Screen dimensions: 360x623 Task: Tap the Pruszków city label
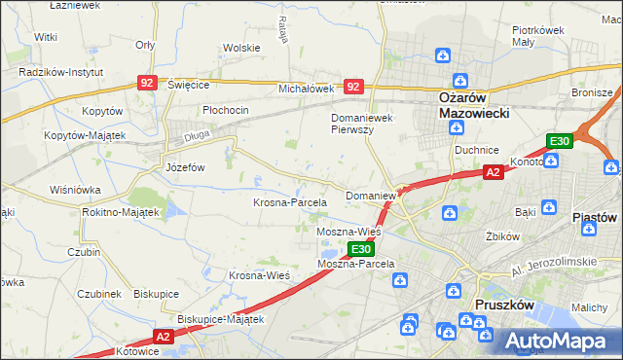coord(502,305)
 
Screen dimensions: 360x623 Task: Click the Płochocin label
coord(226,110)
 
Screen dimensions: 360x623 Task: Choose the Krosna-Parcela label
coord(289,201)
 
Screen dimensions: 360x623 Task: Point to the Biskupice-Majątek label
coord(221,318)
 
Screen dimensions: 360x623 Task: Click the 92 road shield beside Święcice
coord(148,85)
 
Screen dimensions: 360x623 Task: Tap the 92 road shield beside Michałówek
coord(353,87)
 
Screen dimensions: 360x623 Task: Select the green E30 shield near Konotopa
coord(558,142)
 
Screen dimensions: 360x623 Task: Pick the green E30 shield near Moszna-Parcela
coord(359,250)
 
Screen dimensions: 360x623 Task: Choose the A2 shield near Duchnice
coord(493,172)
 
